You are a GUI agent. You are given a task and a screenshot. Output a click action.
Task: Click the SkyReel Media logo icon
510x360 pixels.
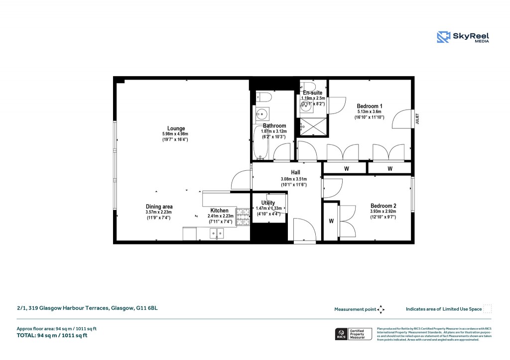(x=443, y=37)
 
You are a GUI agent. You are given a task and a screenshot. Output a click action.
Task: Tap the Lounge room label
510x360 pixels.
(x=176, y=128)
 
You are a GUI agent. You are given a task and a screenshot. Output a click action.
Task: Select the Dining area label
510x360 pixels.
(x=159, y=207)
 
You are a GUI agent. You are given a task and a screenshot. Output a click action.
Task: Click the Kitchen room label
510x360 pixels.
(x=219, y=211)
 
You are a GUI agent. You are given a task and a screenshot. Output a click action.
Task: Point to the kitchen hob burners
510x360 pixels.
(x=243, y=217)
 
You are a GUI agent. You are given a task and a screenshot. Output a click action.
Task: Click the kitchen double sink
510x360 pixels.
(x=217, y=233)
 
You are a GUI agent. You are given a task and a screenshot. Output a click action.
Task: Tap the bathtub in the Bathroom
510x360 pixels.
(x=260, y=142)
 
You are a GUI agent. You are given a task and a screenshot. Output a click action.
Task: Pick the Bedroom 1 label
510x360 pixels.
(x=370, y=106)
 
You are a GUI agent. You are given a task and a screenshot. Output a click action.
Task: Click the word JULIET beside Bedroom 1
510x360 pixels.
(x=417, y=119)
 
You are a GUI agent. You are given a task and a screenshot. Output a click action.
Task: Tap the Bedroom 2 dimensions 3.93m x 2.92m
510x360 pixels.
(x=383, y=212)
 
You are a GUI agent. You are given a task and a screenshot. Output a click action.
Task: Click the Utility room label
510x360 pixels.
(x=268, y=203)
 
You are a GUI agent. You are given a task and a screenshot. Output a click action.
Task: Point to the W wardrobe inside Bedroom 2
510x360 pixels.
(x=331, y=221)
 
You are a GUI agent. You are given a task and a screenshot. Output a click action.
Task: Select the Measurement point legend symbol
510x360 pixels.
(x=381, y=309)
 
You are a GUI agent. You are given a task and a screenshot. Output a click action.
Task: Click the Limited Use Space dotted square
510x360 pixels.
(x=488, y=309)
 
